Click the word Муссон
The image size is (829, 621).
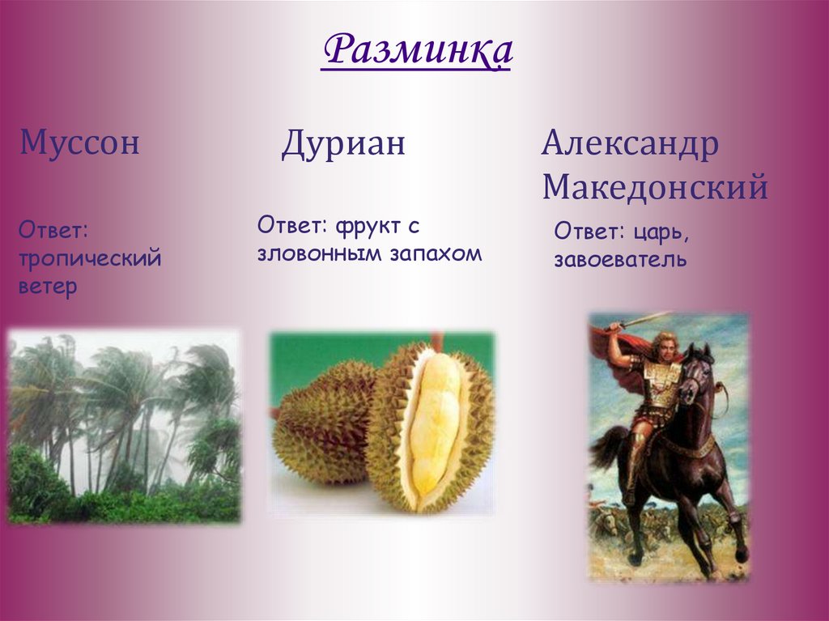80,144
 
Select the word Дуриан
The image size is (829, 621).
343,146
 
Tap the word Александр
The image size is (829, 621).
630,146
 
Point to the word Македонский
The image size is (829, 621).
654,188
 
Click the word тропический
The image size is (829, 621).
90,259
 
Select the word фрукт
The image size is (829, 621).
376,224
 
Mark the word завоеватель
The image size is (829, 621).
620,260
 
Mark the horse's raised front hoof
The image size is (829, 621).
740,555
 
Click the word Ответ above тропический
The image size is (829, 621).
53,232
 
